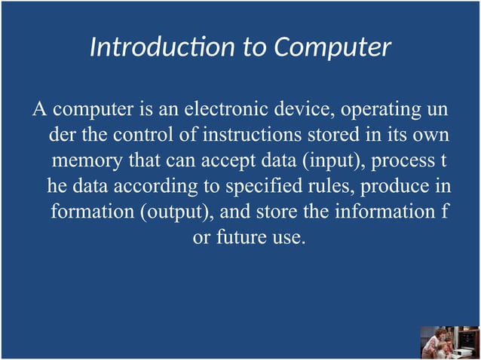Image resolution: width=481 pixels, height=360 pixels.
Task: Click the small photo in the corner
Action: tap(449, 343)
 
